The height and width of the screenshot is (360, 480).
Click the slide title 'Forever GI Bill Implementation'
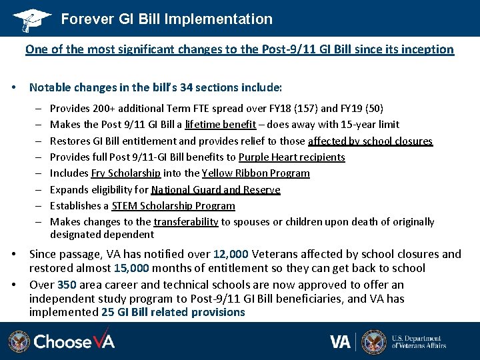point(167,19)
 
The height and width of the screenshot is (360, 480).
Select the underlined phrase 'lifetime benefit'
point(220,124)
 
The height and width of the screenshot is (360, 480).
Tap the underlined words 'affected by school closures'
point(370,141)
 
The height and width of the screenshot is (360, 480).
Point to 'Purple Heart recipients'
point(291,157)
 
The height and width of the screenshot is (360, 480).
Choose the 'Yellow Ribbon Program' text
point(255,173)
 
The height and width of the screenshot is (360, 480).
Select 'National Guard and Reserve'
point(215,190)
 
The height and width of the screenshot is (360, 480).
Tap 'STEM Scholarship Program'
point(173,206)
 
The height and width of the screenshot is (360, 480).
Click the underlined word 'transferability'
point(185,222)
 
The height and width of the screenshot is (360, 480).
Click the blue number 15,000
point(130,268)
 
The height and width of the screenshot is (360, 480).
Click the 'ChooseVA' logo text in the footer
point(74,342)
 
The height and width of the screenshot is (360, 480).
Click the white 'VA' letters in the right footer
point(340,342)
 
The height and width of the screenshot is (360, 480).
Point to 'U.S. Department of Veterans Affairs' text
point(419,342)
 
